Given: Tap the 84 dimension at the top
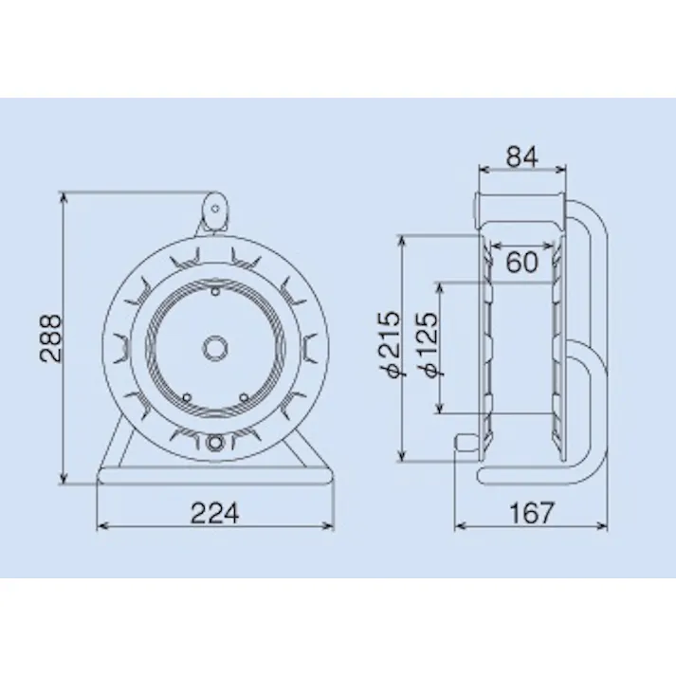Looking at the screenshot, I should point(521,156).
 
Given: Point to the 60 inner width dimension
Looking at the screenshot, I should point(521,262).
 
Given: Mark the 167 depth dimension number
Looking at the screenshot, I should point(531,513).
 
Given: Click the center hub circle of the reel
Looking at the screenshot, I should point(215,347).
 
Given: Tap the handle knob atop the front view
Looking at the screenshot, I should point(214,210).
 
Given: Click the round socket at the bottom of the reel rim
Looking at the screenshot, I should point(215,442).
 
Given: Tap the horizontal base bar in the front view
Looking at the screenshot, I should point(215,475).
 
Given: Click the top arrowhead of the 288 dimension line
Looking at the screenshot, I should point(64,196).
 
